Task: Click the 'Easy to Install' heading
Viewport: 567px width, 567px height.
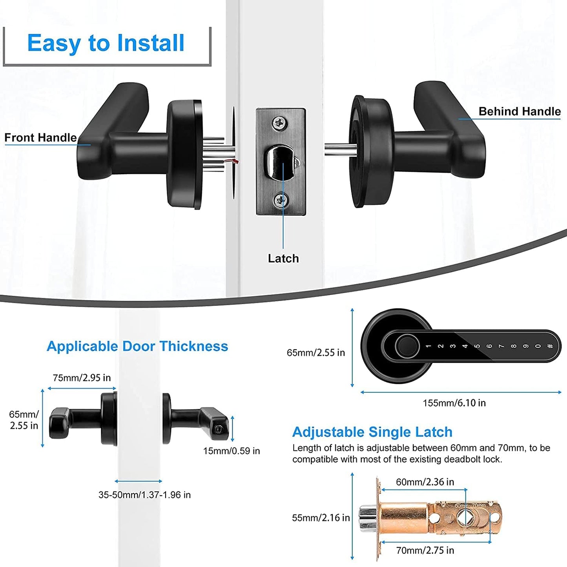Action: coord(106,43)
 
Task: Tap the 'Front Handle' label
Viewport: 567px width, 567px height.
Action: coord(40,138)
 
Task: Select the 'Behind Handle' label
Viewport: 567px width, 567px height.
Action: coord(520,111)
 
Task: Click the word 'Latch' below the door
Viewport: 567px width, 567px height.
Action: coord(283,259)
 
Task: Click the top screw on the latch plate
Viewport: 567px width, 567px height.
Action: coord(280,122)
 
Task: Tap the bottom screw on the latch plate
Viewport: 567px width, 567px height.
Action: coord(281,201)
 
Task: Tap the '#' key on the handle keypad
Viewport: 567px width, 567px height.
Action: coord(550,346)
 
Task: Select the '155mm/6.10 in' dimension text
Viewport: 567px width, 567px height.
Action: coord(454,403)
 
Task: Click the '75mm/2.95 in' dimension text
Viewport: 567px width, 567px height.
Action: coord(82,378)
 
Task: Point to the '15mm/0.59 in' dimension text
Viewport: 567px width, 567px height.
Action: coord(232,451)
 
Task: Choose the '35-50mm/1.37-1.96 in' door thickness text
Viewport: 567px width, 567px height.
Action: coord(144,495)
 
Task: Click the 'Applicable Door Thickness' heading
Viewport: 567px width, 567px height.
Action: coord(137,346)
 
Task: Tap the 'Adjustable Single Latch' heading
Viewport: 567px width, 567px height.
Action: coord(372,432)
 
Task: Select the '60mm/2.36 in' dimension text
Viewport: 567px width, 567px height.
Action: coord(425,482)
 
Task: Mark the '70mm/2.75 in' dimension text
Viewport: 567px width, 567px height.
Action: coord(425,551)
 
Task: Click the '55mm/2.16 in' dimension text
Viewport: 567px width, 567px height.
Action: coord(321,518)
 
